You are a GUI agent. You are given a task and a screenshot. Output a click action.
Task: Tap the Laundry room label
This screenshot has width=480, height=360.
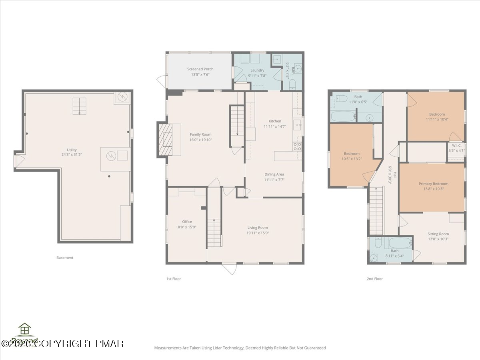pyautogui.click(x=258, y=70)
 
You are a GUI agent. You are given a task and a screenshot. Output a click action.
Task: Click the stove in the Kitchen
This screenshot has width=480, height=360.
pyautogui.click(x=297, y=146)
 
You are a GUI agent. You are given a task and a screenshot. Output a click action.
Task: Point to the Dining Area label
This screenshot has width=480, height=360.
pyautogui.click(x=274, y=174)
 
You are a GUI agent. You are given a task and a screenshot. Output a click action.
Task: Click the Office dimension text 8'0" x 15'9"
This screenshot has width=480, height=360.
pyautogui.click(x=187, y=227)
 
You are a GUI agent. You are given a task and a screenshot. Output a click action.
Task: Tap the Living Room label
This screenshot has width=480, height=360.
pyautogui.click(x=258, y=228)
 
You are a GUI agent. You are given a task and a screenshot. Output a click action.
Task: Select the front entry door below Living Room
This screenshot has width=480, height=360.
pyautogui.click(x=229, y=268)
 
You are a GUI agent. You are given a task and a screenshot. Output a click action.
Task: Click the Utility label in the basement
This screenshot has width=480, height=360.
pyautogui.click(x=72, y=150)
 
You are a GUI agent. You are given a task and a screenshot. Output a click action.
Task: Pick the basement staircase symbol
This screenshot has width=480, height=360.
pyautogui.click(x=79, y=106)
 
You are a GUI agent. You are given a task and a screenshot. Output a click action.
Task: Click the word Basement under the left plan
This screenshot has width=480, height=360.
pyautogui.click(x=65, y=258)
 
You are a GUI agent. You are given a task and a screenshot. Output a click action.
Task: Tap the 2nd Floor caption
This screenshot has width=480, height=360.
pyautogui.click(x=375, y=279)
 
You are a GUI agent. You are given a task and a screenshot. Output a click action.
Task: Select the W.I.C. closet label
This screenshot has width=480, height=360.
pyautogui.click(x=456, y=146)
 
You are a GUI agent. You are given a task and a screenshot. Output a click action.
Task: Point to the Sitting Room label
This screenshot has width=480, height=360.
pyautogui.click(x=438, y=234)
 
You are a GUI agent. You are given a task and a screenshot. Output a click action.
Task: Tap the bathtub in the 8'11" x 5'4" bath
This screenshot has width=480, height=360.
pyautogui.click(x=400, y=242)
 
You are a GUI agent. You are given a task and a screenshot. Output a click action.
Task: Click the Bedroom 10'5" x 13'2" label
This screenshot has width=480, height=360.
pyautogui.click(x=352, y=154)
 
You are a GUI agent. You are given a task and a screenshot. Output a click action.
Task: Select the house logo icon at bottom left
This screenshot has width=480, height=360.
pyautogui.click(x=25, y=329)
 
